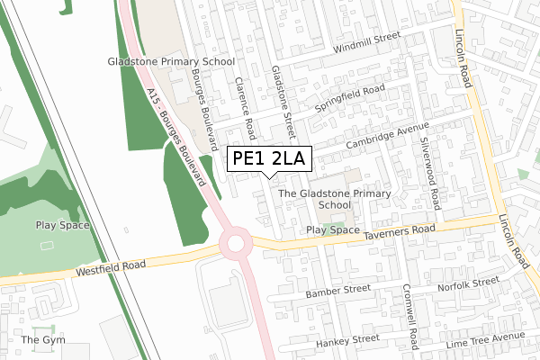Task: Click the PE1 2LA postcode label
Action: click(269, 159)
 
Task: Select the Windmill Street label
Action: click(365, 43)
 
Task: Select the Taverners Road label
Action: click(400, 233)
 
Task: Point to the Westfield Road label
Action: click(111, 269)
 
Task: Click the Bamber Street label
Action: click(337, 292)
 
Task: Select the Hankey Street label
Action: click(347, 341)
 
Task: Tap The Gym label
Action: click(43, 340)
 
